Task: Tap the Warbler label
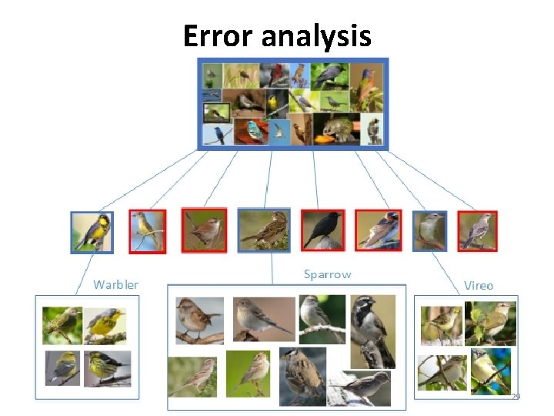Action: point(115,285)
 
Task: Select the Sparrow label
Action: point(327,274)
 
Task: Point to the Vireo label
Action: point(478,285)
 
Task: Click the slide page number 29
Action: point(516,396)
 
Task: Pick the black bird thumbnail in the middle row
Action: point(322,230)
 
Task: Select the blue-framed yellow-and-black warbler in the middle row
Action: point(92,232)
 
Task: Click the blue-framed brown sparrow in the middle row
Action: point(264,230)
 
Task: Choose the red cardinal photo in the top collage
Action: point(274,75)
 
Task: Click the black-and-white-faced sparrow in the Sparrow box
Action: point(372,330)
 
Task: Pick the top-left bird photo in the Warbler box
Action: point(62,325)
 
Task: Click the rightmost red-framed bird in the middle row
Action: point(478,231)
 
